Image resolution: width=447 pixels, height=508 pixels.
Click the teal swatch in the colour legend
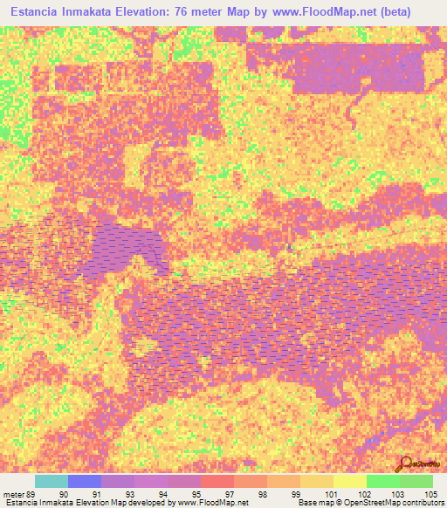[52, 481]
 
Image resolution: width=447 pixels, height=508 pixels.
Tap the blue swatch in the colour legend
[85, 481]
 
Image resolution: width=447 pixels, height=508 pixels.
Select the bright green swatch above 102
[382, 481]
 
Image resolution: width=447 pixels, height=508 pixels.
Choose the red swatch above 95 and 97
[217, 481]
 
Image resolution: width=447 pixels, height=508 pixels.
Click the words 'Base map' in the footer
[313, 503]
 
